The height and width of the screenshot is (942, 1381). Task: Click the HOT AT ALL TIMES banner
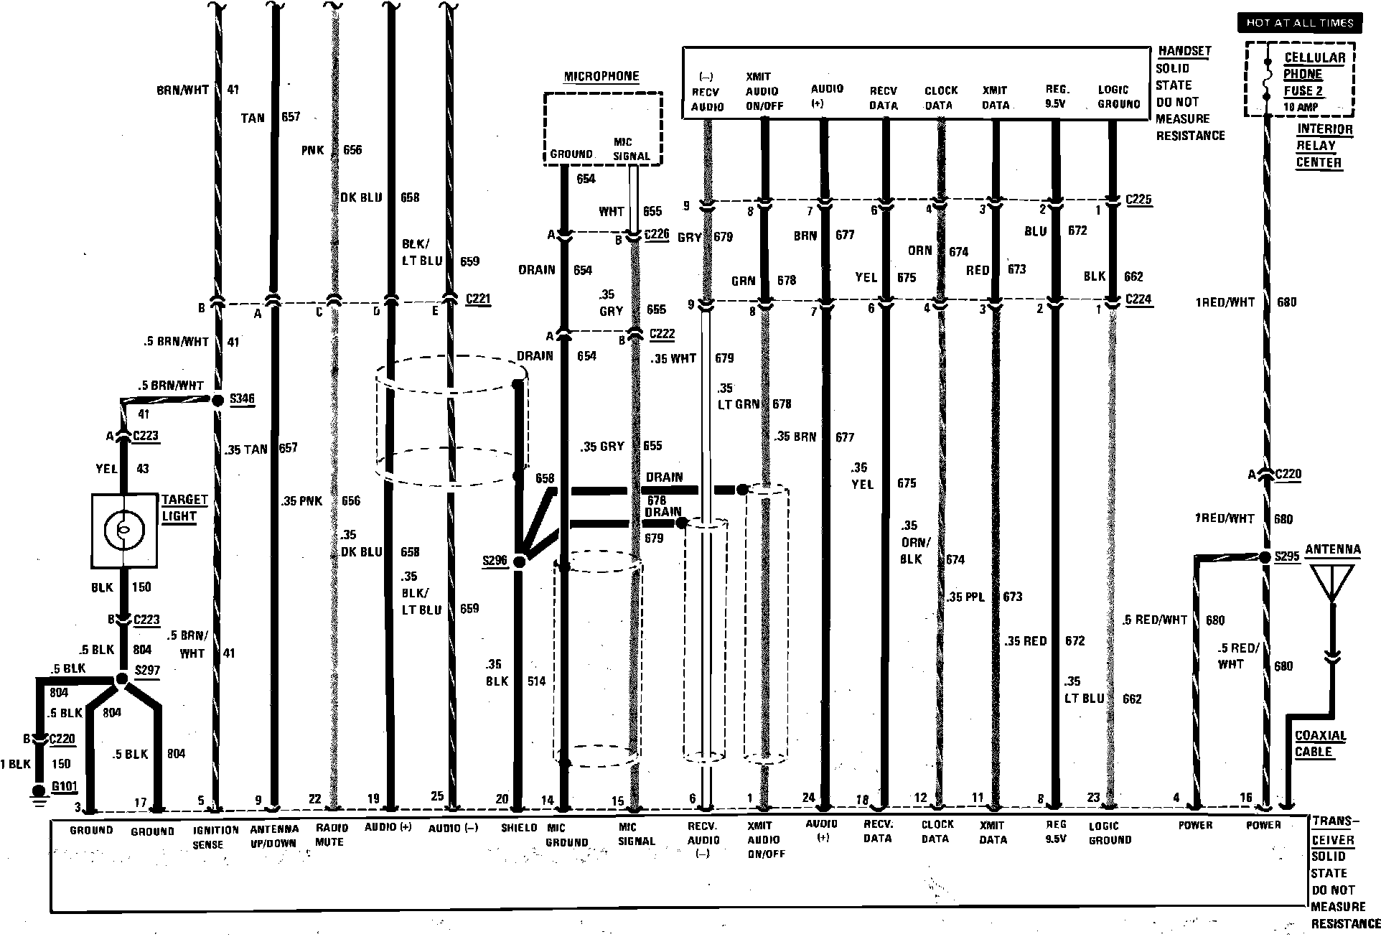[x=1299, y=23]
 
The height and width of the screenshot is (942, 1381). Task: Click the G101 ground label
[x=64, y=786]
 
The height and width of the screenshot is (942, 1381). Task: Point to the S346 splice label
[x=242, y=399]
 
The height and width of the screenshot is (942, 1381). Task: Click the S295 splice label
[x=1287, y=557]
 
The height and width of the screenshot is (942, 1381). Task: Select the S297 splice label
[x=147, y=671]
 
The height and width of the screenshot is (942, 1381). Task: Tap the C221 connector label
[x=478, y=299]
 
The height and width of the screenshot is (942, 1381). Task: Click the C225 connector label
[x=1138, y=199]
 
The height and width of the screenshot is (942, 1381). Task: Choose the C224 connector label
[x=1138, y=299]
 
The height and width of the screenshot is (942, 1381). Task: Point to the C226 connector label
[x=657, y=234]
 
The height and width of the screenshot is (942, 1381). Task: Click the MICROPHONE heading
[x=601, y=76]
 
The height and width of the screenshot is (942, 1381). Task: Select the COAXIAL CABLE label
[x=1320, y=744]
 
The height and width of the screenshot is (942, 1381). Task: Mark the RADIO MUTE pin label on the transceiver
[x=329, y=834]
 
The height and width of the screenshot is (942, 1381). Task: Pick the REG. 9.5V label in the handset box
[x=1056, y=96]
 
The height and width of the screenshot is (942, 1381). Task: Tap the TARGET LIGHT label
[x=184, y=508]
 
